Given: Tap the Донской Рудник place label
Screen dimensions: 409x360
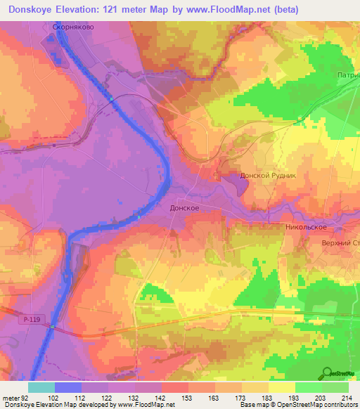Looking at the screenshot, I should click(x=268, y=176).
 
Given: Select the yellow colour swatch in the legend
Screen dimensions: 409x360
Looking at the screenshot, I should click(x=282, y=387).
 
